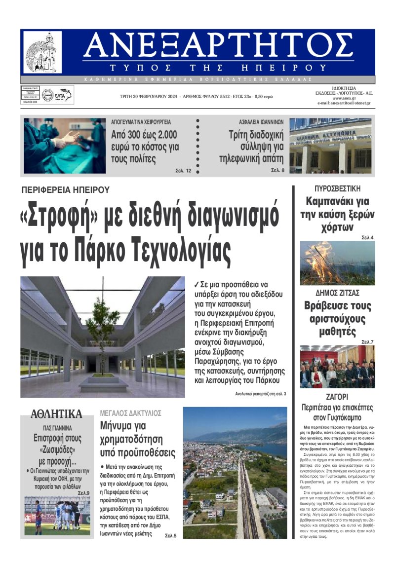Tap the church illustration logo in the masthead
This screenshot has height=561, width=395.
43,53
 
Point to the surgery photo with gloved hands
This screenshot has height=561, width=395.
64,146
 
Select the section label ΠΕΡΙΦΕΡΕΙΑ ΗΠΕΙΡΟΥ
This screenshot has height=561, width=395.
65,189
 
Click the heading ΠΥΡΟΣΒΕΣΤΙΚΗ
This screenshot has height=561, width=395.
337,188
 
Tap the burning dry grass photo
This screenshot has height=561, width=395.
337,262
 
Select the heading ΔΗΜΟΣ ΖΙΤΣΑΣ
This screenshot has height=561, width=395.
337,293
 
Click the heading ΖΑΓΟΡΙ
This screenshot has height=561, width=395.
337,396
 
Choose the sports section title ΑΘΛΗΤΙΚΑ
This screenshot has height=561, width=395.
56,413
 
